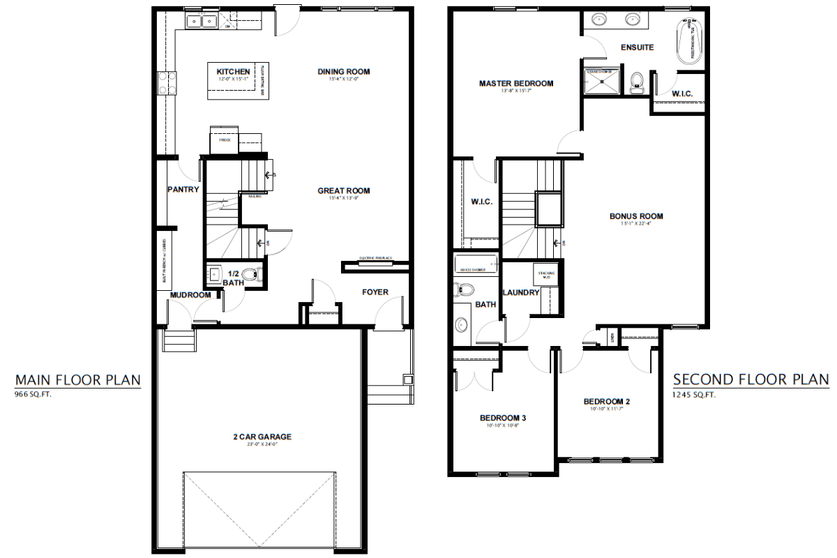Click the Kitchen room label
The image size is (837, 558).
[233, 72]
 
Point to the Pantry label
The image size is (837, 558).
[183, 189]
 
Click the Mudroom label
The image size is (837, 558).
[190, 295]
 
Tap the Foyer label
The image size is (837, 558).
[375, 292]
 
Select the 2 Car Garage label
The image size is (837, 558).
[262, 437]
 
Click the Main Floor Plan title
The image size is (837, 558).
[78, 379]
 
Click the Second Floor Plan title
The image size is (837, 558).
[751, 379]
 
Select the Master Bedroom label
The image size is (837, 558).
[515, 84]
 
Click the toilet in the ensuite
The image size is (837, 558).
[635, 83]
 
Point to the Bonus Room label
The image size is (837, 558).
[636, 216]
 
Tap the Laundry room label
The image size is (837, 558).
[520, 292]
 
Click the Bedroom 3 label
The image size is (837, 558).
[502, 418]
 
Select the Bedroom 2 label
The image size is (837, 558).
[607, 401]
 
